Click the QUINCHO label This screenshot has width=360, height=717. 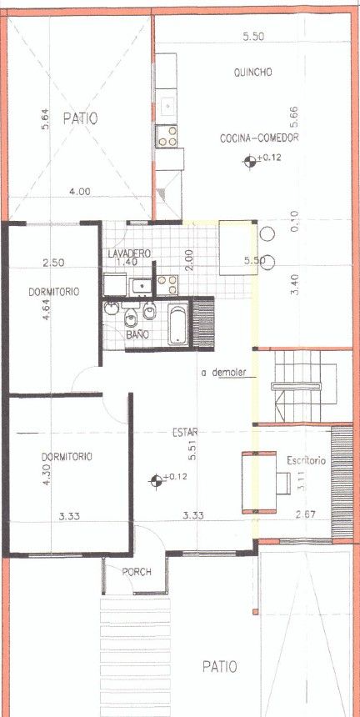253,73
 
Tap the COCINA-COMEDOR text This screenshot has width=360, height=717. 259,138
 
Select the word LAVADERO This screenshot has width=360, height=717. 130,253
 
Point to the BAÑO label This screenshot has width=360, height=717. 137,334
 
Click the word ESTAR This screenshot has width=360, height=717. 182,432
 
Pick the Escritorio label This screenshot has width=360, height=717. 306,460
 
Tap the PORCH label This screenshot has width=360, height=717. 137,572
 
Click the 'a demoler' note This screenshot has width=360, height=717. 224,372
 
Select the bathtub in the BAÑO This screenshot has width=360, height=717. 177,324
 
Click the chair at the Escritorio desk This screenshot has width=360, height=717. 283,484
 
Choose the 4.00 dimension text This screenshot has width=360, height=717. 79,193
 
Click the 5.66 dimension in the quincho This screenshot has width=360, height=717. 294,117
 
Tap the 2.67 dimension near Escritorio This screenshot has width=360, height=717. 306,514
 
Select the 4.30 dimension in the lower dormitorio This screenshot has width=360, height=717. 46,474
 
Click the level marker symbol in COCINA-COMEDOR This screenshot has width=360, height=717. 249,161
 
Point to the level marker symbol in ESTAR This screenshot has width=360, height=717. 156,481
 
